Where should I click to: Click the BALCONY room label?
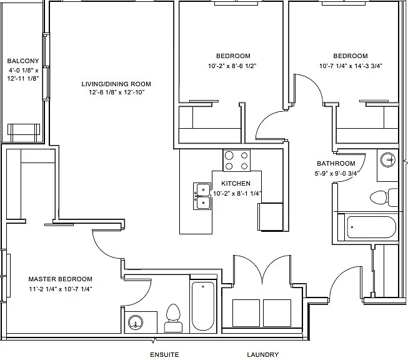pos(23,61)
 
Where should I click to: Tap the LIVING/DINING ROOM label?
pos(116,84)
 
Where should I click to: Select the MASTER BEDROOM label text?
pos(61,279)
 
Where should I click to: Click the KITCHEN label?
pos(236,183)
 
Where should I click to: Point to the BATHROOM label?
pos(336,164)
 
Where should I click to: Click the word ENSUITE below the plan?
pos(164,354)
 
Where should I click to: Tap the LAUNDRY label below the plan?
pos(263,354)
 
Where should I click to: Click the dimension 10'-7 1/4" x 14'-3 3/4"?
pos(351,66)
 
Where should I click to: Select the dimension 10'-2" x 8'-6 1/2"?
pos(232,66)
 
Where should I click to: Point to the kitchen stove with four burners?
pos(237,161)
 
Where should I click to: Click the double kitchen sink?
pos(202,196)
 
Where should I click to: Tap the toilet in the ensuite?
pos(173,318)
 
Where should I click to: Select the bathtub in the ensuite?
pos(203,306)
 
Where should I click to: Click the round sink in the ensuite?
pos(136,323)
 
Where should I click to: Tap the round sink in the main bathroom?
pos(388,159)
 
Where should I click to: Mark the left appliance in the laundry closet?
pos(246,313)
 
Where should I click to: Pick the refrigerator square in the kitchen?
pos(271,217)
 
